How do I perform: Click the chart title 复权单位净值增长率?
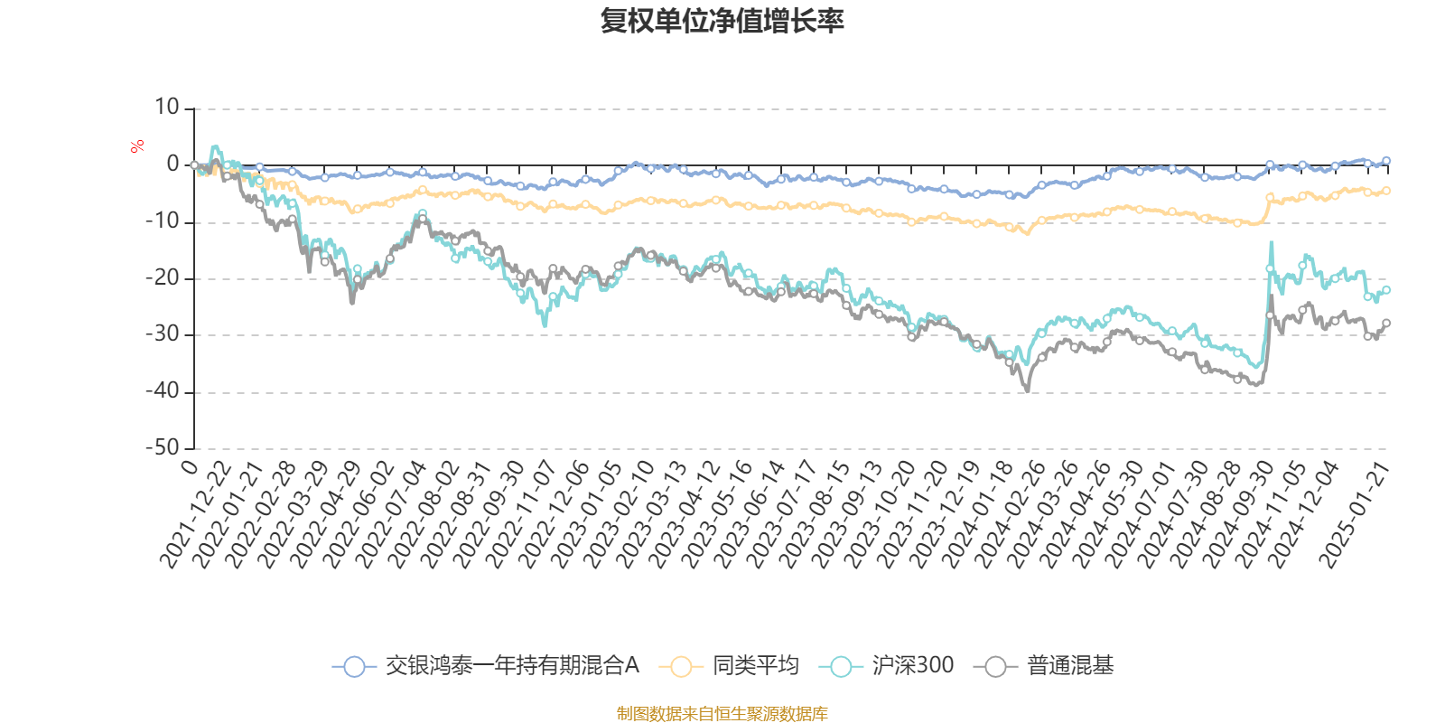722,22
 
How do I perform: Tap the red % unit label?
137,146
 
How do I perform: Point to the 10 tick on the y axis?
167,108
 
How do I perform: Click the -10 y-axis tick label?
163,221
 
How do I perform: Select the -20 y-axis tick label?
163,277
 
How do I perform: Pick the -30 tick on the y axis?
163,334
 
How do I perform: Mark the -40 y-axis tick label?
163,391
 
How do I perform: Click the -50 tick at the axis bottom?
163,447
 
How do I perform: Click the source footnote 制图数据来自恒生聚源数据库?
722,714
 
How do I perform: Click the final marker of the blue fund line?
1386,161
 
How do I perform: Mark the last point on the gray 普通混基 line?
1386,323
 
